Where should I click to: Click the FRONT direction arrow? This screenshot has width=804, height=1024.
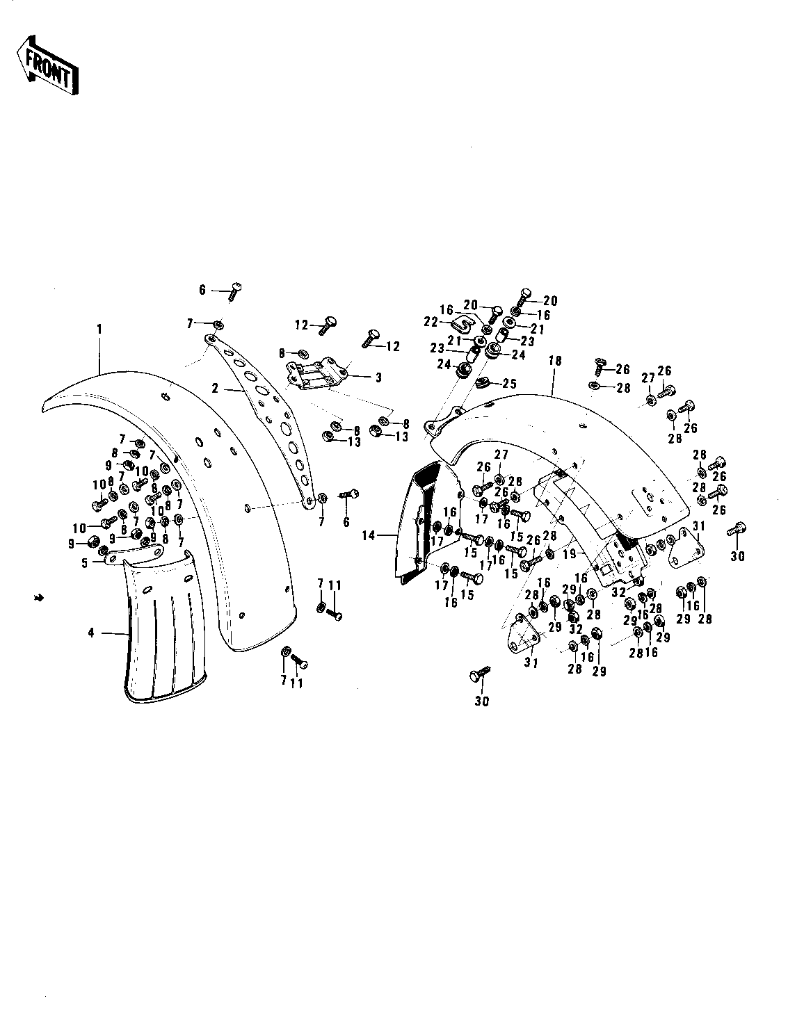click(47, 66)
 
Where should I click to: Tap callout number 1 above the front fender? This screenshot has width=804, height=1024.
click(99, 329)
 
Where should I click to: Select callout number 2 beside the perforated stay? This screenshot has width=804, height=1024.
click(216, 389)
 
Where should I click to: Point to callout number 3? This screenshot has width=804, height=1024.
click(378, 377)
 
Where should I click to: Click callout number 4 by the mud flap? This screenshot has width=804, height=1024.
click(91, 633)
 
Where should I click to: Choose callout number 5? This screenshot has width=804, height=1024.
click(85, 563)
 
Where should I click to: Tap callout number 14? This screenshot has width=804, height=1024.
click(369, 535)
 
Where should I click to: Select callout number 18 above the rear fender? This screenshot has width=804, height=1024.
click(555, 361)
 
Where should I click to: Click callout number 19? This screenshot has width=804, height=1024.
click(570, 553)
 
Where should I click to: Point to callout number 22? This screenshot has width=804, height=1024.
click(431, 322)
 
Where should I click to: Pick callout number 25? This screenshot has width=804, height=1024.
click(509, 384)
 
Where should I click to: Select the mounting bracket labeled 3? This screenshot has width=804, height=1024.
click(316, 376)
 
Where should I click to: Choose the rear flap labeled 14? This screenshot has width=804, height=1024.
click(426, 523)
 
